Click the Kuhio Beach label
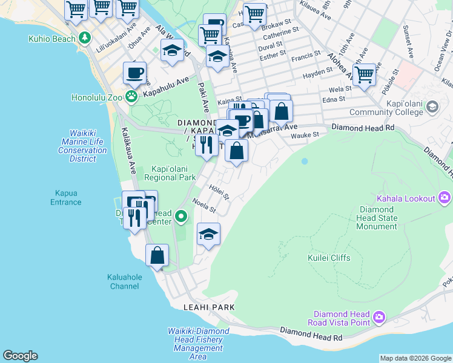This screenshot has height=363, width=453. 52,39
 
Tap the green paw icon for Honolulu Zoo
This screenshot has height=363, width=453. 132,96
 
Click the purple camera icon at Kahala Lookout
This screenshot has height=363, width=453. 445,198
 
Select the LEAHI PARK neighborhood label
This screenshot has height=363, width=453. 209,307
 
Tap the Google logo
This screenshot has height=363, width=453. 20,356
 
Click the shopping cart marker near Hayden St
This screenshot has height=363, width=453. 364,74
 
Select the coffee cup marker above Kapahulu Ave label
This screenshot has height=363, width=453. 135,73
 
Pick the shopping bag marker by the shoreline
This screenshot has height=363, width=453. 157,255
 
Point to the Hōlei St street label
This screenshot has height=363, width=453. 219,192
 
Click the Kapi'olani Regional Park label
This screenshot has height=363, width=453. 170,172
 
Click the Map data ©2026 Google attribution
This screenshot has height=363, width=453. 415,358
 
